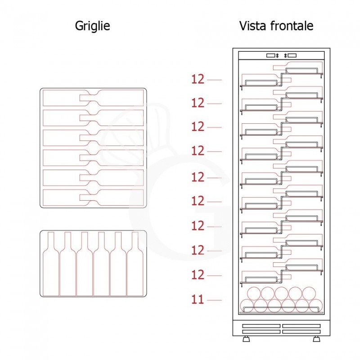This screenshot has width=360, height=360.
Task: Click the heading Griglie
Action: (92, 26)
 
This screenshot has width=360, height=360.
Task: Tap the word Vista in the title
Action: (252, 26)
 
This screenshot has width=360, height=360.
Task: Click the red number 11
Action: (198, 299)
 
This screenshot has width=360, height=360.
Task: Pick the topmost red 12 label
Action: (198, 79)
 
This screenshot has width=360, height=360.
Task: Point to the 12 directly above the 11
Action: (198, 274)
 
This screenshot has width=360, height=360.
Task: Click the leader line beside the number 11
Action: (215, 300)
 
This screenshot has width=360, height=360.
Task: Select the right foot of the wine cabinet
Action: (316, 338)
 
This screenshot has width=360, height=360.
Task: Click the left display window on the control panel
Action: (271, 56)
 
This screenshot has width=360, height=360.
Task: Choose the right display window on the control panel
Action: (291, 56)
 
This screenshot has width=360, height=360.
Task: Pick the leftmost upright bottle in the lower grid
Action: (51, 265)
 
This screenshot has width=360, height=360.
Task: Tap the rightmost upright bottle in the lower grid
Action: (135, 265)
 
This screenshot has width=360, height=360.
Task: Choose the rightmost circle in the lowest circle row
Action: (315, 306)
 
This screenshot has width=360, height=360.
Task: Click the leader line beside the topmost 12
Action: (215, 80)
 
